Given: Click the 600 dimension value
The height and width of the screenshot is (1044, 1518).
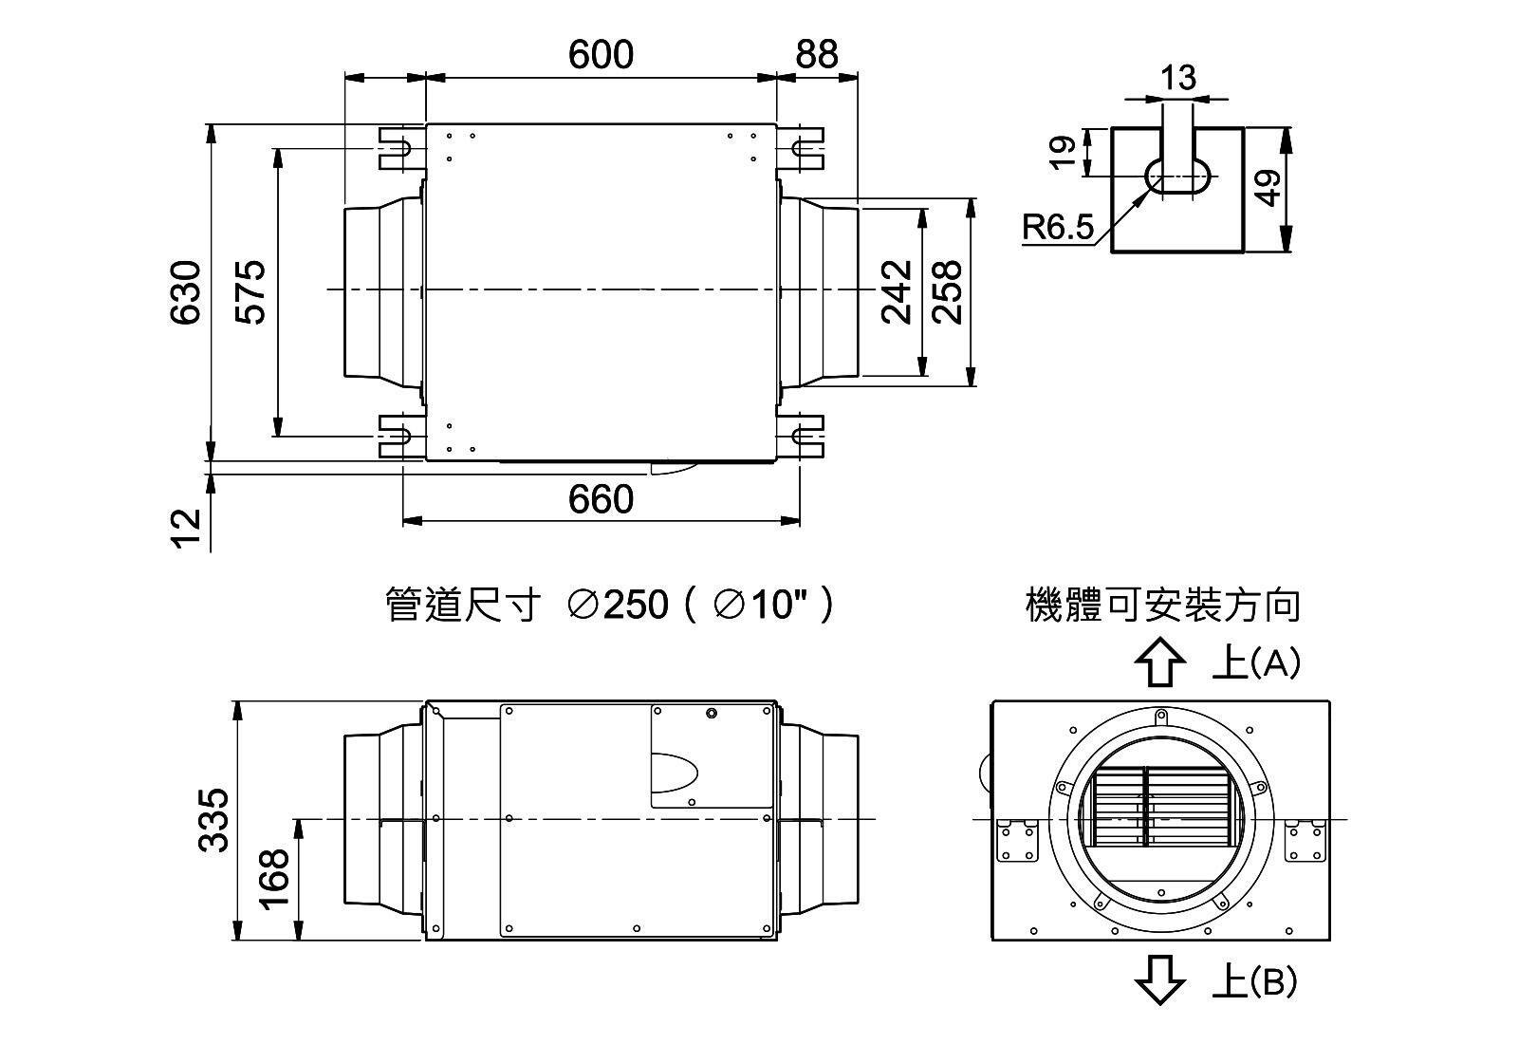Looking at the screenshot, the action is [x=601, y=54].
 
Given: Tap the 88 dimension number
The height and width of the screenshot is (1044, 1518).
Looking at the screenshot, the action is [x=817, y=54].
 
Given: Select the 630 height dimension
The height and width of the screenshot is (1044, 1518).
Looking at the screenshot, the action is [x=186, y=292].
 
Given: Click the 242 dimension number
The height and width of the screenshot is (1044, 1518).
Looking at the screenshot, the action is [x=897, y=292].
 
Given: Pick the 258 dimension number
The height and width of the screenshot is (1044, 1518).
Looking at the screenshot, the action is [x=947, y=292].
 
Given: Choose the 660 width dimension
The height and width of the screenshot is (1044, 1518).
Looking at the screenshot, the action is [x=601, y=499].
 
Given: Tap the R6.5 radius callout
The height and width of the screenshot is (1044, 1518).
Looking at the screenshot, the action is [x=1058, y=227].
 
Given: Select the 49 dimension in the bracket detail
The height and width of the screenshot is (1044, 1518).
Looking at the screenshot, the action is [x=1268, y=188].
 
